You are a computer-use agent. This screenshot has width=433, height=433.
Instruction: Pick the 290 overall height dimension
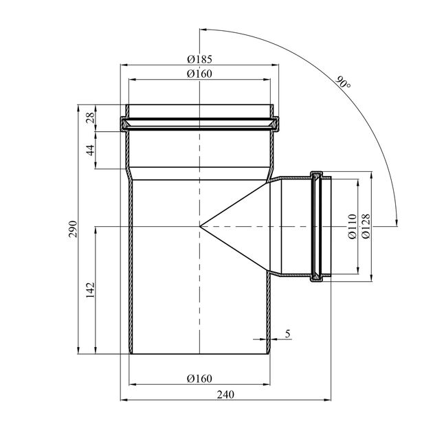click(x=74, y=230)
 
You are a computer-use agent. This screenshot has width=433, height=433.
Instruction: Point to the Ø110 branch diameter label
click(x=352, y=226)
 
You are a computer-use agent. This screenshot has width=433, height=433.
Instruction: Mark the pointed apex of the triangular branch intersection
click(x=200, y=225)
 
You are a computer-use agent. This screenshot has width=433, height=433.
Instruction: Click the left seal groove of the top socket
click(x=125, y=126)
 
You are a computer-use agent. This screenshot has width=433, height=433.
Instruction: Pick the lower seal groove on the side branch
click(x=318, y=276)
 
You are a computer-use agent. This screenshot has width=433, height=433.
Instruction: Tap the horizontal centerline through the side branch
click(x=289, y=225)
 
